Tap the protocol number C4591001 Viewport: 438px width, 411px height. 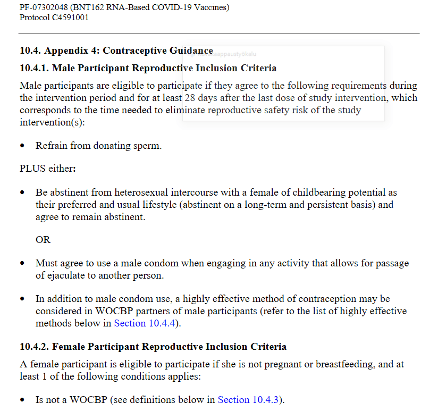[70, 18]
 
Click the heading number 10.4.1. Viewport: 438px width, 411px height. [34, 68]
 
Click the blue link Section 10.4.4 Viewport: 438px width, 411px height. [144, 323]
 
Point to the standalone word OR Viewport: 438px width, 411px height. [43, 240]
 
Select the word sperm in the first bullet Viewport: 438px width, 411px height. [147, 146]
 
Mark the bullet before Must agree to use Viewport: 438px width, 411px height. [22, 264]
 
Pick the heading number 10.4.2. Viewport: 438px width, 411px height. [34, 347]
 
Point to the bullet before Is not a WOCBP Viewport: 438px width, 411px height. [22, 400]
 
